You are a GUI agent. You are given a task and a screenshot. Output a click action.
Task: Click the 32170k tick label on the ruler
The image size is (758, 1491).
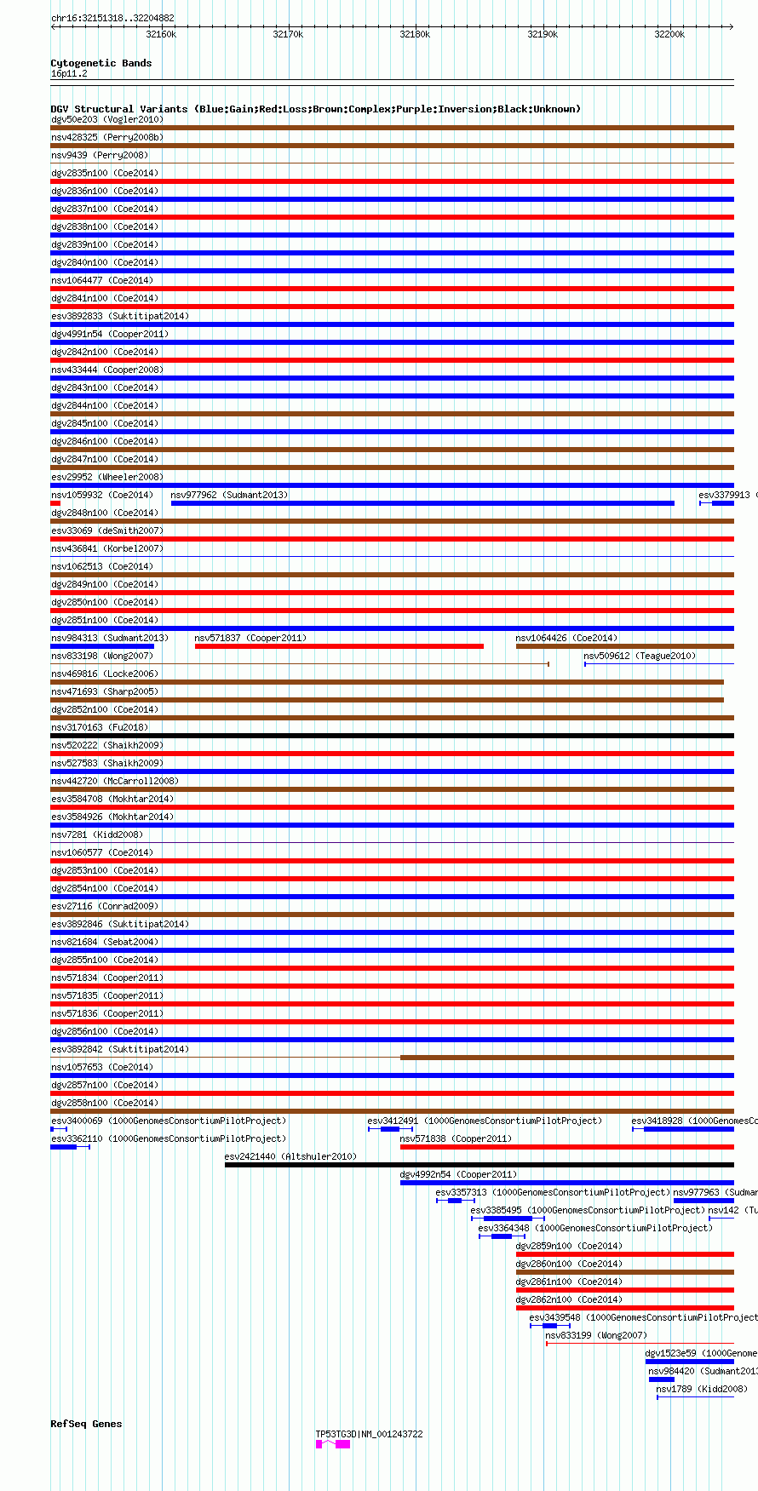[288, 34]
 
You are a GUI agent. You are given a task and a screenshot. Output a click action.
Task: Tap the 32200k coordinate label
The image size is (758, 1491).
[669, 34]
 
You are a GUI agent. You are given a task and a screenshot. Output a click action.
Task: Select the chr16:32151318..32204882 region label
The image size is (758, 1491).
[112, 18]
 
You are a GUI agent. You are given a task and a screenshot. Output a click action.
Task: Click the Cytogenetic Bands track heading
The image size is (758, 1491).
[100, 63]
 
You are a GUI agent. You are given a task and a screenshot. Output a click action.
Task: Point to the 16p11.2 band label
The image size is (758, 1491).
[69, 74]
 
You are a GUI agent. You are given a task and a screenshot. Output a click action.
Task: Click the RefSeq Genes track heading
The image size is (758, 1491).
[86, 1424]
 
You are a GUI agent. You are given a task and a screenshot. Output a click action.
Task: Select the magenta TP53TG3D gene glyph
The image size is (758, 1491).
[333, 1444]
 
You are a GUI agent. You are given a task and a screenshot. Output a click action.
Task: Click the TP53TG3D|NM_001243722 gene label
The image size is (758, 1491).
[369, 1434]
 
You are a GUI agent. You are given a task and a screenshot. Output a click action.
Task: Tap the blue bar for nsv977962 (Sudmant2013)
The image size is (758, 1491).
[422, 503]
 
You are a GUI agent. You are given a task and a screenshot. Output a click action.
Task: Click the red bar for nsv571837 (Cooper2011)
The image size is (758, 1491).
[339, 646]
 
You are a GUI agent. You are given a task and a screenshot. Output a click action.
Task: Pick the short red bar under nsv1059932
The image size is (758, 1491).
[55, 503]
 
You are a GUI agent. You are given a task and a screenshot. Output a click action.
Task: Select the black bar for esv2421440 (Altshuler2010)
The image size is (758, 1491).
[479, 1165]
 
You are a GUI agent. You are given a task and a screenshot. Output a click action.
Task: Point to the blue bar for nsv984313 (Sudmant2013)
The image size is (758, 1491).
[102, 646]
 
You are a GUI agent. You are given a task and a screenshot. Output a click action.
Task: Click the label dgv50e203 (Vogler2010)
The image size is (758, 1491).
[106, 119]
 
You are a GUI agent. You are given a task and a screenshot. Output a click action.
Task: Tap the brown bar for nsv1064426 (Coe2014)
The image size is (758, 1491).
[624, 646]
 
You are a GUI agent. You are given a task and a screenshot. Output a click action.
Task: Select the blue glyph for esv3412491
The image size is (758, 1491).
[390, 1129]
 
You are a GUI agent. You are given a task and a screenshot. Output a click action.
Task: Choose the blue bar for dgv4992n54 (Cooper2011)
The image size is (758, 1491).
[566, 1183]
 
